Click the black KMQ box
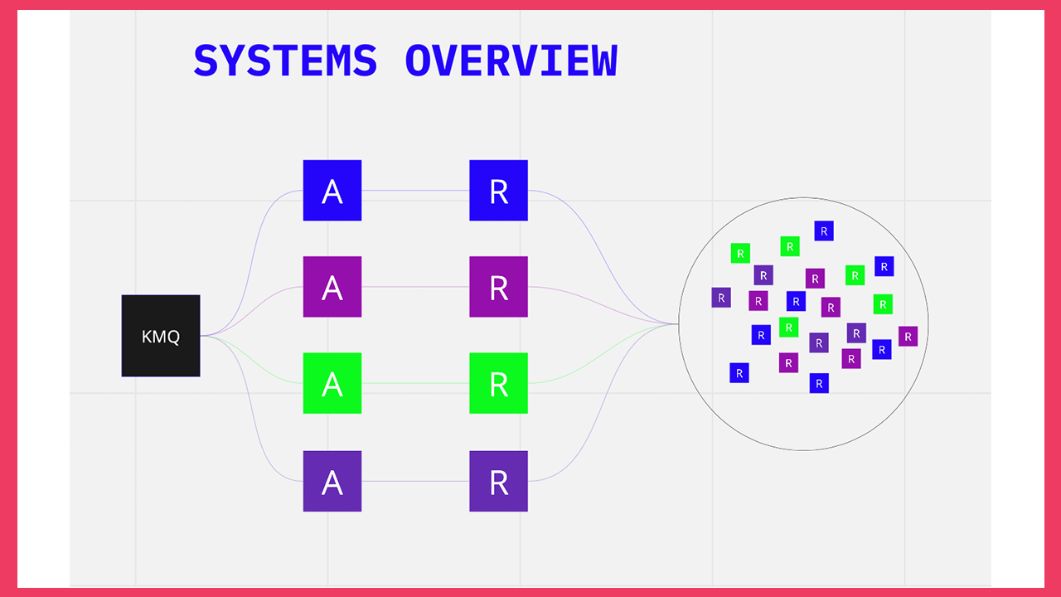161,336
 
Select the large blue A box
332,191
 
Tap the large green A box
332,383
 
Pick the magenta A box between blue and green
332,287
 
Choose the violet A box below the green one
332,481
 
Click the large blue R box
498,191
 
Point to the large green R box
498,383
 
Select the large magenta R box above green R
498,287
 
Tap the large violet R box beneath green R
498,481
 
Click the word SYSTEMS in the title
285,61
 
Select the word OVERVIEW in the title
511,61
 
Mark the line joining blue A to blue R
414,191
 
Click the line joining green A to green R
414,383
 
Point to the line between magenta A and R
414,287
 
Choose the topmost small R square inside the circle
823,231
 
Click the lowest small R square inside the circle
819,383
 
